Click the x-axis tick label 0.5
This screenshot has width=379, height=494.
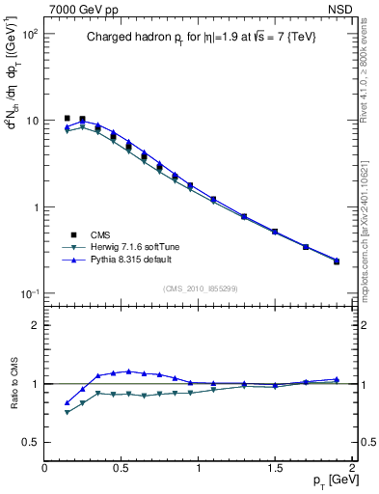122,467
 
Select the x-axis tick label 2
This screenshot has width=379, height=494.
352,467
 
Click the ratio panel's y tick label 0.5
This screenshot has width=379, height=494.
30,442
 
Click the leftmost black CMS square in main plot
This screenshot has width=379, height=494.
67,118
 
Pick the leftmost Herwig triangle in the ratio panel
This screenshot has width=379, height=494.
67,412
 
